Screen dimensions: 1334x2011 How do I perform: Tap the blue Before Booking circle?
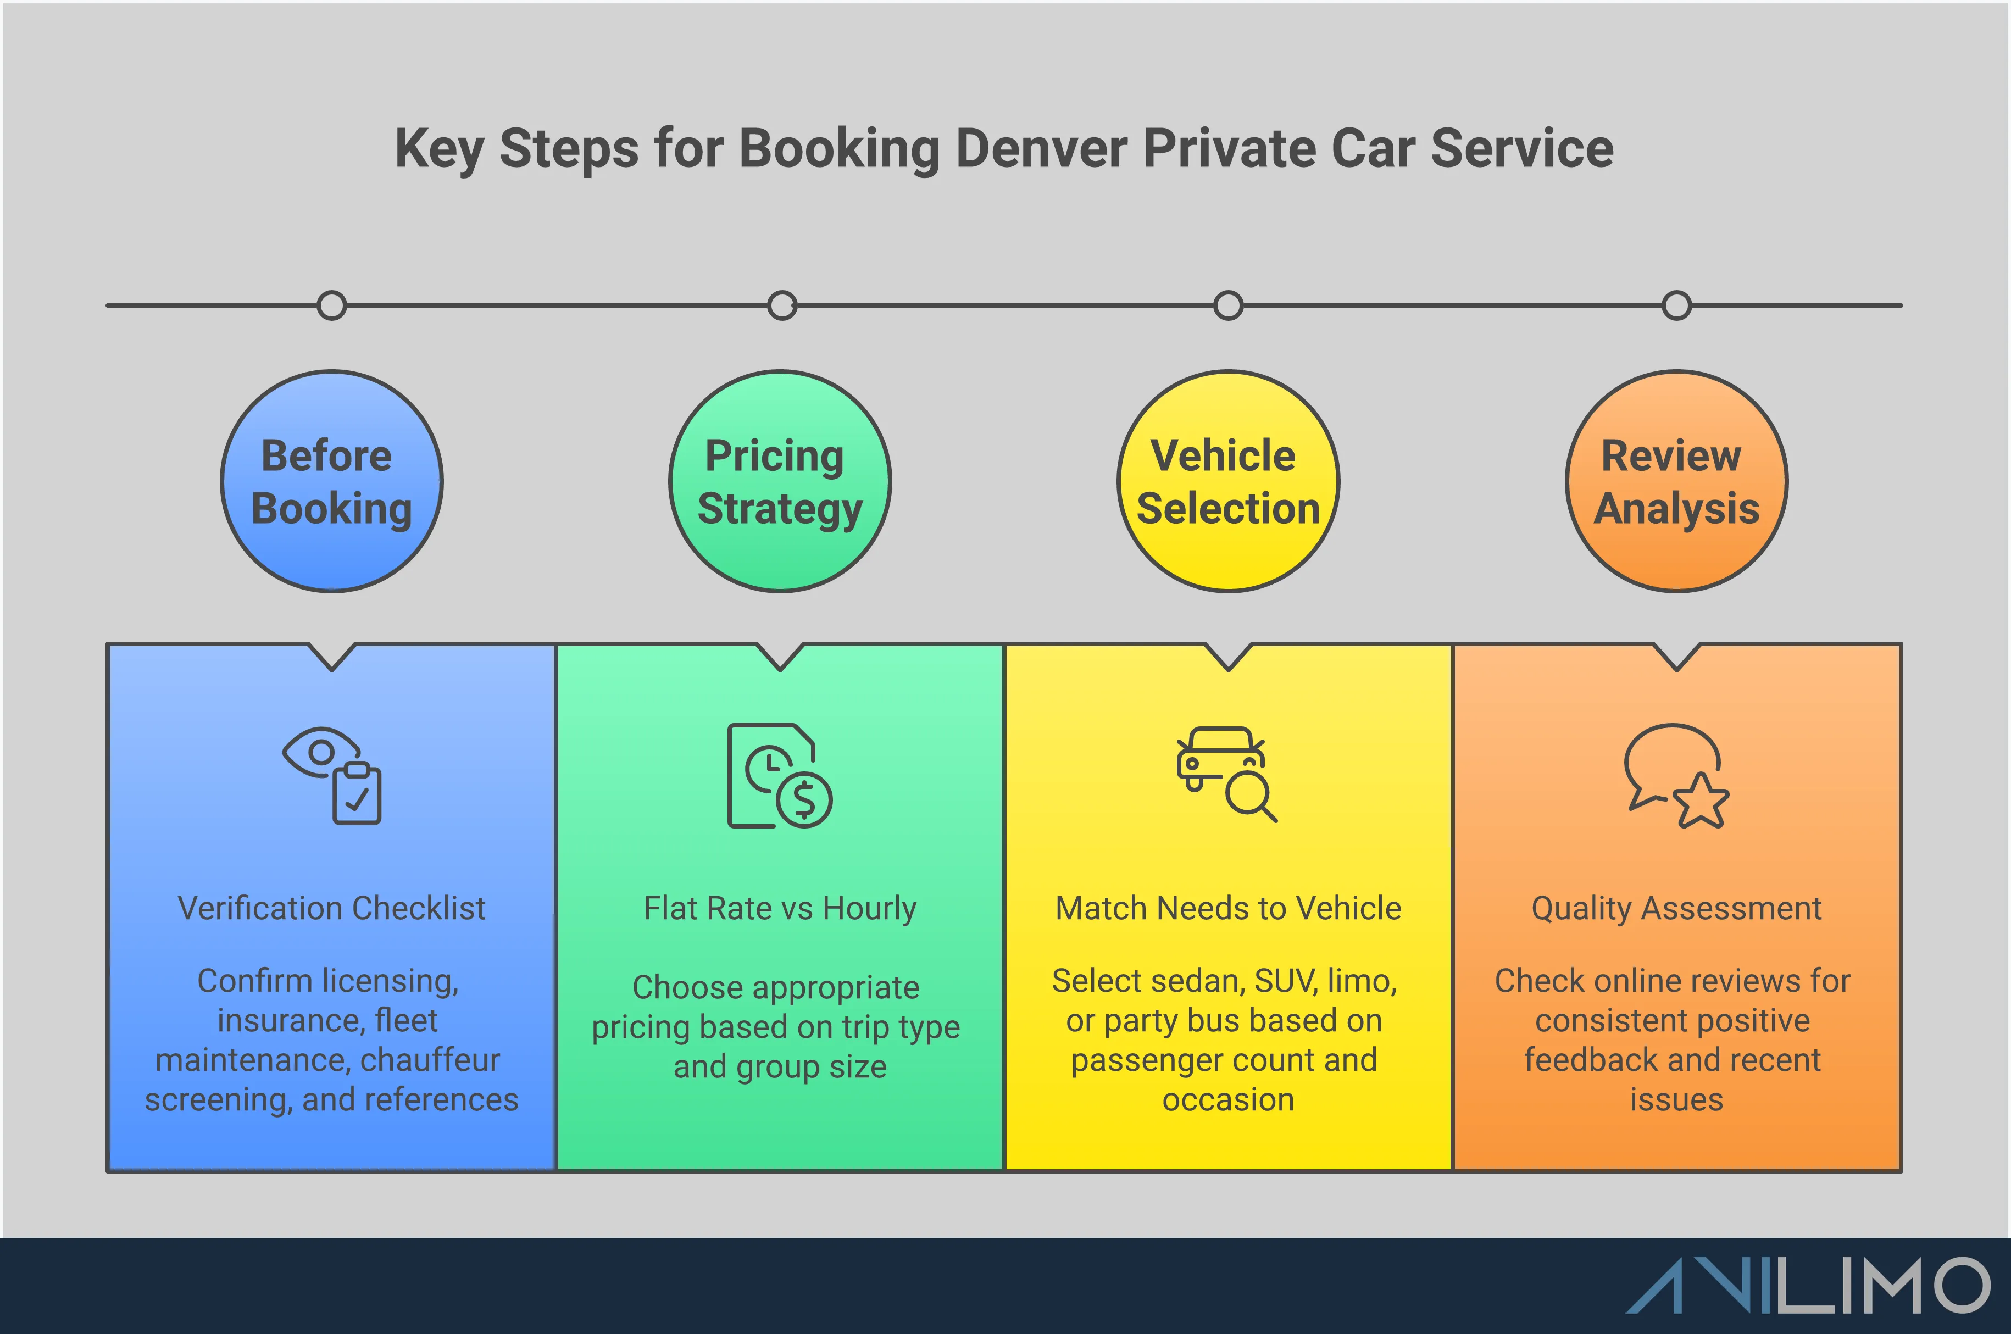[332, 481]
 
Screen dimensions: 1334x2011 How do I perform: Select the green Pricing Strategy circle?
[780, 481]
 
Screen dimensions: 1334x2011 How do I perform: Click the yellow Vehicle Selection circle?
[1229, 481]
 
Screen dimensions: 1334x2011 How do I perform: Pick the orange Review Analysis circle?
[1677, 481]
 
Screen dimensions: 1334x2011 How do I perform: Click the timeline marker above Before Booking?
[332, 305]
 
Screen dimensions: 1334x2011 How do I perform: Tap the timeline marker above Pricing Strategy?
[782, 305]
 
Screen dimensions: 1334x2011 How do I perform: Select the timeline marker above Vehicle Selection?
[1229, 305]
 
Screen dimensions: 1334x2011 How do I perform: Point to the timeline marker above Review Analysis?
[1677, 305]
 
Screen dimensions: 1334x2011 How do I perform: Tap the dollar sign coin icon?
[804, 800]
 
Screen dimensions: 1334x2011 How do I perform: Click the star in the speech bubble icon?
[1701, 802]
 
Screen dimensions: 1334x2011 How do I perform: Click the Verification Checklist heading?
[332, 909]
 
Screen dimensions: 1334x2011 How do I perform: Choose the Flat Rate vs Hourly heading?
[780, 909]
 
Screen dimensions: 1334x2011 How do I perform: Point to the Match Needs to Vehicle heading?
[1229, 909]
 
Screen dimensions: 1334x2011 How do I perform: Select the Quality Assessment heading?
[1677, 909]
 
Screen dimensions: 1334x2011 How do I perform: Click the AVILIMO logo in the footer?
[1808, 1286]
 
